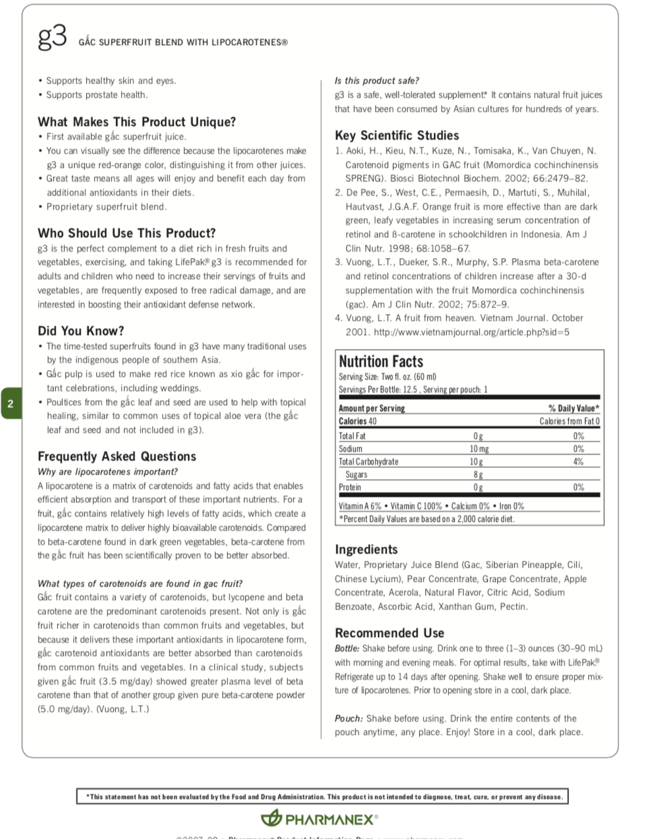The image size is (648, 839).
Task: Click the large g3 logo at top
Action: (x=52, y=37)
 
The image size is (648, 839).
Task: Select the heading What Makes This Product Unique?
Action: (x=137, y=122)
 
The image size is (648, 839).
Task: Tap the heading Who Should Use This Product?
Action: (x=126, y=233)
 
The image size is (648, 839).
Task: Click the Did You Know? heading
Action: (x=81, y=331)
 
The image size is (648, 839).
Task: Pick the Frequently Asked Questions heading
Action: (x=117, y=456)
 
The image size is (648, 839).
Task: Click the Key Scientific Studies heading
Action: (x=397, y=135)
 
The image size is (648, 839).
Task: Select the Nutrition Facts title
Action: (x=381, y=361)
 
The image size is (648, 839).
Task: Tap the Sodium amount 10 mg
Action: (x=479, y=449)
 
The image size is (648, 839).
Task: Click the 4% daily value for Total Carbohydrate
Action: (x=578, y=461)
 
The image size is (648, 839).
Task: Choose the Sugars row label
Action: (x=356, y=474)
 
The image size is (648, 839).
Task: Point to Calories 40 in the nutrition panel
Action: (x=357, y=421)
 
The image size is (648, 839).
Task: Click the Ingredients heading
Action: (x=366, y=549)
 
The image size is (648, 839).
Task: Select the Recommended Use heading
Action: (x=389, y=633)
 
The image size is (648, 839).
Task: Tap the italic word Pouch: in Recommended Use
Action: (x=348, y=718)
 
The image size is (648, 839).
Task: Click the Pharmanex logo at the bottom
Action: (x=319, y=819)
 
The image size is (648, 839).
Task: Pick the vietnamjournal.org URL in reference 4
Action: (x=471, y=332)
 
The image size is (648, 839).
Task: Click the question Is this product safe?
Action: (x=377, y=81)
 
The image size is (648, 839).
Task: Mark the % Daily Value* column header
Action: (x=574, y=408)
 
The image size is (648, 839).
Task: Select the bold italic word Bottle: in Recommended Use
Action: (x=347, y=648)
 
